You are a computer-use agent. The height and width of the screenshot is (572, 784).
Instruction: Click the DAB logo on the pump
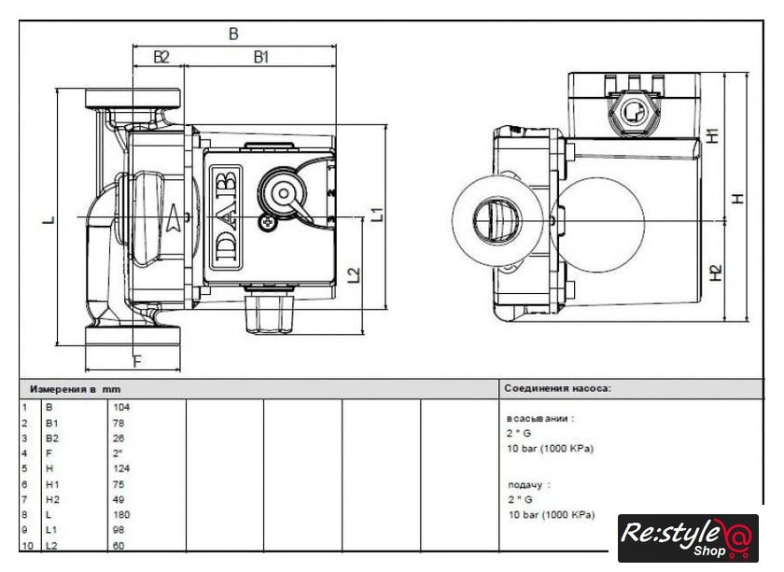(226, 218)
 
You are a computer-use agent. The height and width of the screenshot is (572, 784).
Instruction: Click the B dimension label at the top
(233, 34)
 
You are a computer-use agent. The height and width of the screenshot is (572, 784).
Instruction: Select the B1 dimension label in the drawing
(261, 57)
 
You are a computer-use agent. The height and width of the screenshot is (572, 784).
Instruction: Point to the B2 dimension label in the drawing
(161, 57)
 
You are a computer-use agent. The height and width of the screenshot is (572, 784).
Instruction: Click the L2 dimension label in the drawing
(354, 274)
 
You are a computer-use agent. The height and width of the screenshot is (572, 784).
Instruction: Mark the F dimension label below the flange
(137, 360)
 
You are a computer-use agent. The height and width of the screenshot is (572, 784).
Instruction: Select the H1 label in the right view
(713, 135)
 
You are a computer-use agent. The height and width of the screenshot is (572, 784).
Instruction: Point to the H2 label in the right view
(716, 272)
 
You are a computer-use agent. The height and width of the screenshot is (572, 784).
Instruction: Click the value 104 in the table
(121, 407)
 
